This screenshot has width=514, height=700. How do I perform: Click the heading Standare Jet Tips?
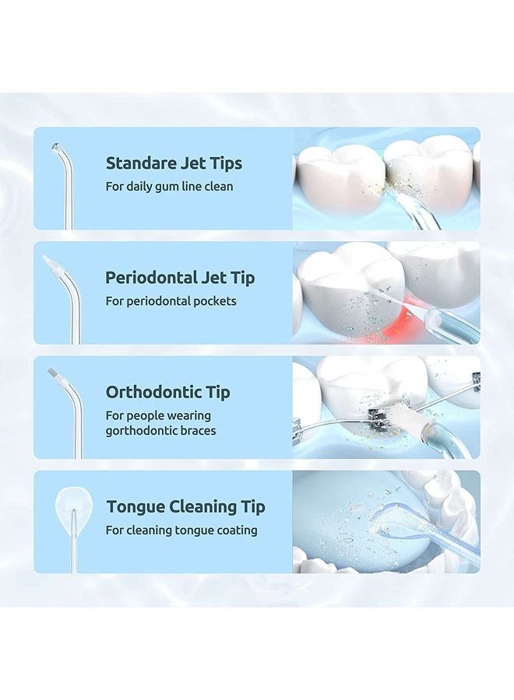click(x=174, y=163)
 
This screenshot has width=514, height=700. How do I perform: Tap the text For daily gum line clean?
click(x=169, y=187)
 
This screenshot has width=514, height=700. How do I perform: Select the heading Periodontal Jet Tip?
click(x=180, y=278)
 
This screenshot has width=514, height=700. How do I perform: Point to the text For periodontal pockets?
click(x=171, y=301)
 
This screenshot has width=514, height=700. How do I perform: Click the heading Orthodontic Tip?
click(x=167, y=392)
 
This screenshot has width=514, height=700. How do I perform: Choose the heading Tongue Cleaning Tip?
click(x=185, y=506)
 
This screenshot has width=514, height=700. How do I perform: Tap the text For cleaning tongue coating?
click(x=181, y=530)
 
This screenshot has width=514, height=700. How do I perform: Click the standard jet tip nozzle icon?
click(x=64, y=183)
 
